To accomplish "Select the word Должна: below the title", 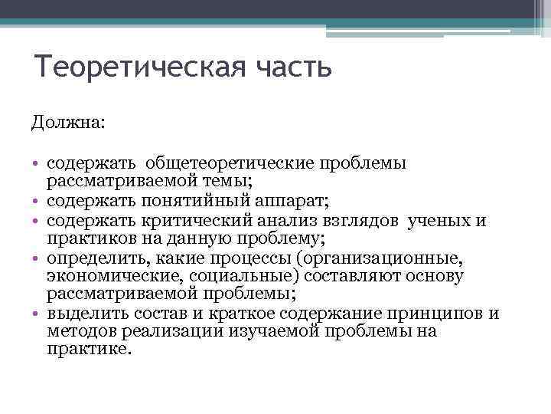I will [x=70, y=123].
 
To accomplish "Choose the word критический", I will [x=199, y=221].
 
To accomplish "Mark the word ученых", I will [x=440, y=221].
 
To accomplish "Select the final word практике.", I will [x=89, y=349].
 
